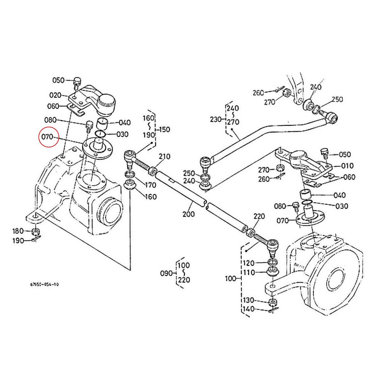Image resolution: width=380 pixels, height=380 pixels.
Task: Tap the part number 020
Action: tap(55, 95)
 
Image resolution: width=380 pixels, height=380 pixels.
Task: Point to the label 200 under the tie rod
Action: tap(189, 214)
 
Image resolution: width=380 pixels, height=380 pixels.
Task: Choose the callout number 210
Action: tap(165, 156)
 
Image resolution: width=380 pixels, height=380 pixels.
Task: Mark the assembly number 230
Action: tap(217, 120)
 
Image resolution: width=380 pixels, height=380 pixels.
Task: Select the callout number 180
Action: tap(18, 231)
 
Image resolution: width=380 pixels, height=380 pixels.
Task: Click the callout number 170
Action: tap(150, 185)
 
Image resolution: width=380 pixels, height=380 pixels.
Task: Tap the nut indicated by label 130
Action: tap(272, 301)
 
